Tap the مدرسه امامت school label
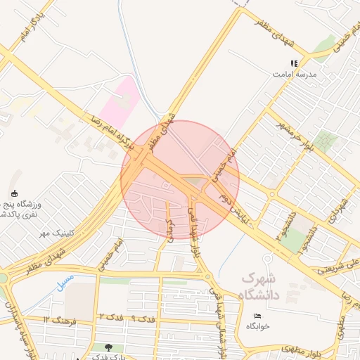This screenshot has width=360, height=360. [x=299, y=74]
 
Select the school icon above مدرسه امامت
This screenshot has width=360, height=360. [x=294, y=63]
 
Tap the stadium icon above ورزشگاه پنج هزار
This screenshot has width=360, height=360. [x=15, y=193]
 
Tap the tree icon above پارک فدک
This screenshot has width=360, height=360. [x=108, y=347]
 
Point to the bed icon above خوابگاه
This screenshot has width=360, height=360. [x=257, y=316]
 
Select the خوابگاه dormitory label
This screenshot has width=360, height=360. [x=258, y=327]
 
